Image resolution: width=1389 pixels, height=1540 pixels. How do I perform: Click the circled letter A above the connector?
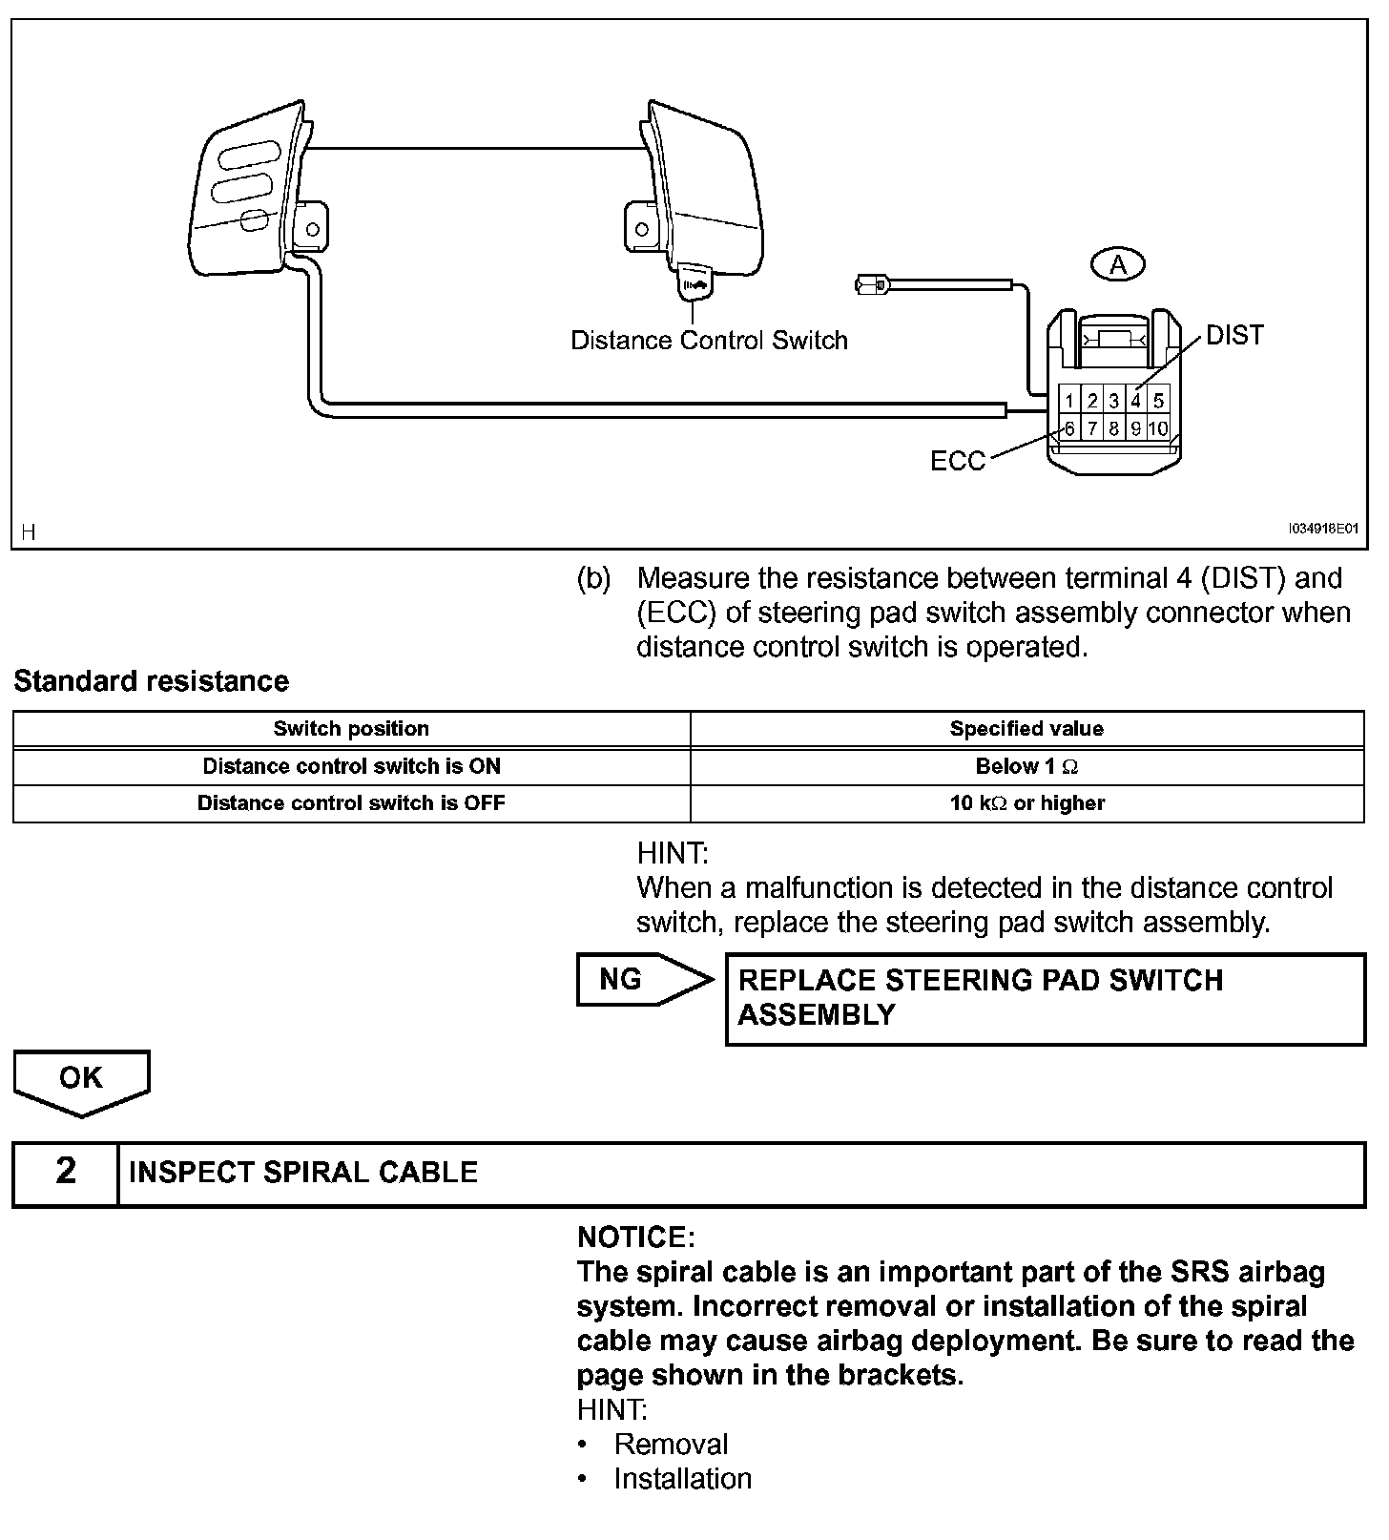pos(1118,264)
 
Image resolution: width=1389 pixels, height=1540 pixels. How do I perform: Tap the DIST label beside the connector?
pos(1234,335)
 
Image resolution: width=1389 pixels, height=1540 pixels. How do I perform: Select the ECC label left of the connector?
pos(957,461)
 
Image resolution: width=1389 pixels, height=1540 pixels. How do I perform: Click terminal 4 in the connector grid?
pos(1136,401)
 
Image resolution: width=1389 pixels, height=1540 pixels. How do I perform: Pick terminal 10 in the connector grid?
pos(1158,428)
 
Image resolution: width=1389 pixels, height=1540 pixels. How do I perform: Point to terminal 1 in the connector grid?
pos(1070,401)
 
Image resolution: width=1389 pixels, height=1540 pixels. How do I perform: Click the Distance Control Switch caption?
pos(709,341)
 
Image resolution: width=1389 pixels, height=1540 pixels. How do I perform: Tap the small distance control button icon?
pos(694,283)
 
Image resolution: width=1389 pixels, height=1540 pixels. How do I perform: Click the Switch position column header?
pos(351,729)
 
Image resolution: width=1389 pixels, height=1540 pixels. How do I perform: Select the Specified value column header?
pos(1026,729)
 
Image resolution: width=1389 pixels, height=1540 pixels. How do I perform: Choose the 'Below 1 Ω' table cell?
pos(1026,766)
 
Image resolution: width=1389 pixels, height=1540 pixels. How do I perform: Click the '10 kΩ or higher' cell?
pos(1026,803)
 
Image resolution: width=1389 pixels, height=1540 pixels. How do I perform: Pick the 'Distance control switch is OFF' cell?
pos(351,803)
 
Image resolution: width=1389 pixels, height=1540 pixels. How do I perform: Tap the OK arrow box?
pos(81,1079)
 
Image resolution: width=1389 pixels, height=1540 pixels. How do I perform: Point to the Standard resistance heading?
pos(151,681)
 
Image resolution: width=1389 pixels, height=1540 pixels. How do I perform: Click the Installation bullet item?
pos(682,1479)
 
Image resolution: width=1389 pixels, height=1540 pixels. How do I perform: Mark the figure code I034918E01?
pos(1323,528)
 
